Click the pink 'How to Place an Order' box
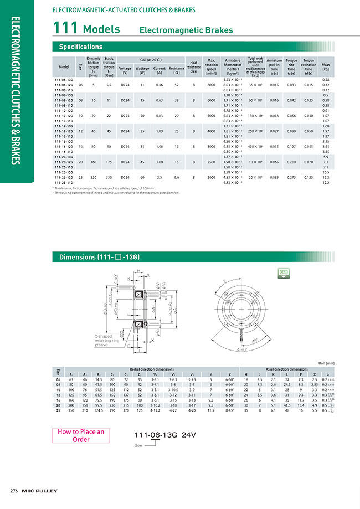81,436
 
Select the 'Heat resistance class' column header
193,67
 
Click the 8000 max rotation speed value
211,85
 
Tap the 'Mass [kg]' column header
326,67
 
